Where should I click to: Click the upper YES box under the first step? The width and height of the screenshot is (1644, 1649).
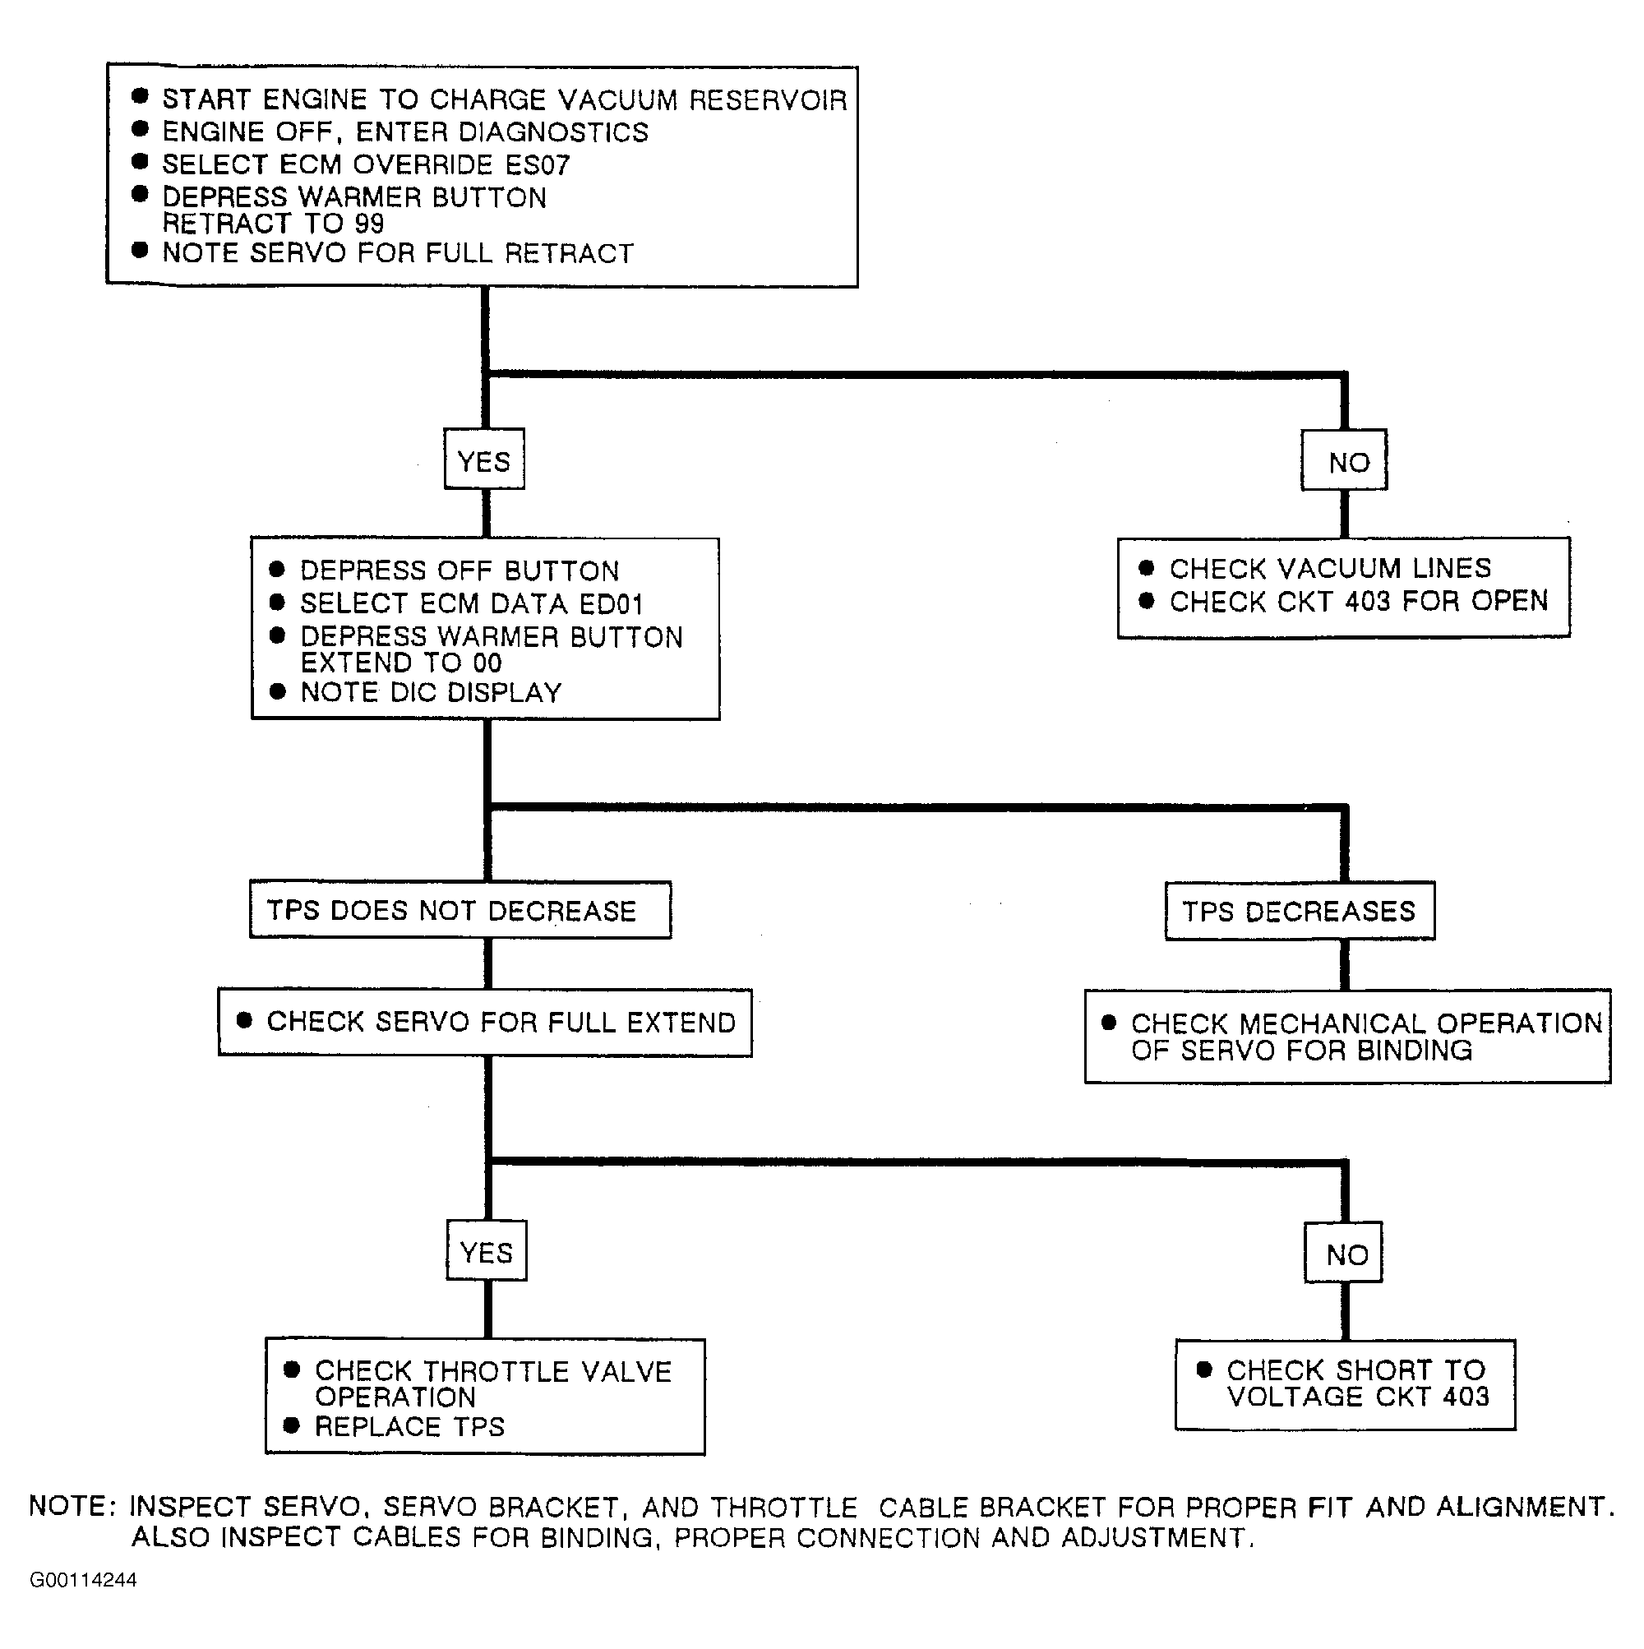tap(484, 459)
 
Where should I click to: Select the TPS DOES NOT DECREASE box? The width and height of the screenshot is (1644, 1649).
tap(460, 910)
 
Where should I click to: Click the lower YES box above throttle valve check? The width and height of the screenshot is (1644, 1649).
tap(487, 1250)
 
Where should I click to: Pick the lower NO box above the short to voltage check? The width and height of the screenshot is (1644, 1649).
tap(1343, 1252)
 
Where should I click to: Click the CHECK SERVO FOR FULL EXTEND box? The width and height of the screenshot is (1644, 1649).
tap(485, 1023)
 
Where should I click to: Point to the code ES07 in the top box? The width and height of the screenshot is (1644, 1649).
tap(536, 164)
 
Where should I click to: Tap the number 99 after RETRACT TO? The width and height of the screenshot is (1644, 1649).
tap(368, 224)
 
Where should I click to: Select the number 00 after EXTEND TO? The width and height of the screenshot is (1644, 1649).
tap(487, 663)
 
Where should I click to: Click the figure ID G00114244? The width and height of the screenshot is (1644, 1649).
tap(83, 1580)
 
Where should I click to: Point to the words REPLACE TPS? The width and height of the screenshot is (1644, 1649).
tap(409, 1426)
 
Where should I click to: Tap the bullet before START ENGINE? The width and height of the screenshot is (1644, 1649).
tap(141, 95)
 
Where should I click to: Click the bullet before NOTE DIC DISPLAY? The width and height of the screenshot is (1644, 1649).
tap(277, 691)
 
